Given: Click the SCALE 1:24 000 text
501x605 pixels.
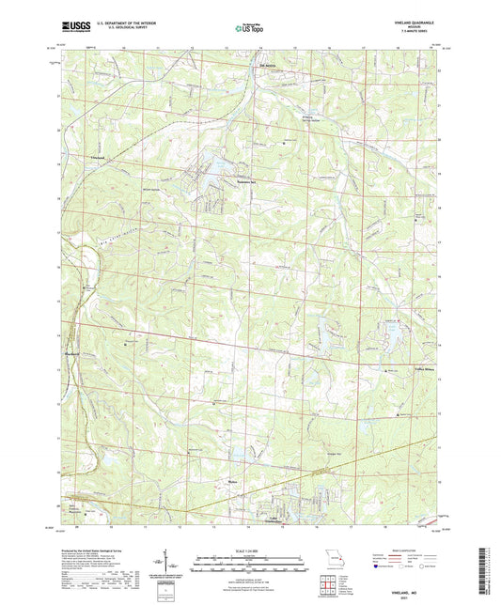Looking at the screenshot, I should click(x=249, y=549).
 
